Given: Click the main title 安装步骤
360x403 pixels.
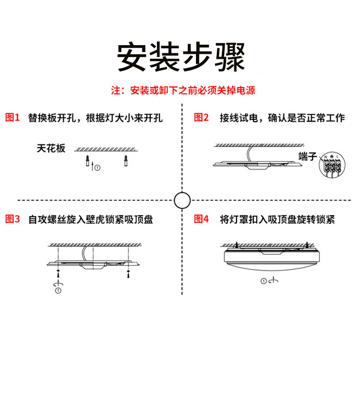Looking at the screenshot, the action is [x=181, y=57].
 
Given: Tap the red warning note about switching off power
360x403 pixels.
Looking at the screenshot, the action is [x=183, y=90].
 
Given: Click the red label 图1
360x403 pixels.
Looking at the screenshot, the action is [x=12, y=118].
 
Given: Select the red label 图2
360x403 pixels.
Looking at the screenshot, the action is [x=201, y=118].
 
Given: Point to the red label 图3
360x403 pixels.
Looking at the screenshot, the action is [x=12, y=219].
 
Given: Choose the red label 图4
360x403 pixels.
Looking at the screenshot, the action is [x=201, y=219].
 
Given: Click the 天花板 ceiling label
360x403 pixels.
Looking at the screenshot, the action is [x=51, y=148].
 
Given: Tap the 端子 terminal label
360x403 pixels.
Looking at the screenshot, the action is [x=308, y=156].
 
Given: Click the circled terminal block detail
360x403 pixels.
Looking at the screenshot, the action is [x=332, y=165].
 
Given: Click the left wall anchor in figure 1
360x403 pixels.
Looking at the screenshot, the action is [x=87, y=161].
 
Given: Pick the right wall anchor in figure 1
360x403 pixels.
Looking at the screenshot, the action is [x=126, y=161].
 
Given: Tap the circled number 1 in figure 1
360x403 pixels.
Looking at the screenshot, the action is [x=98, y=168].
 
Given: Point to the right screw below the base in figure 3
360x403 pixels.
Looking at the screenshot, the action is [x=128, y=273].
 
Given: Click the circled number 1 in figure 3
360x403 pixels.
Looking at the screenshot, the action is [x=58, y=291].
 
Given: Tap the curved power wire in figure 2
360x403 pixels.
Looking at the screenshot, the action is [x=248, y=154].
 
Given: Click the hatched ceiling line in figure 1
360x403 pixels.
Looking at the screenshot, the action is [x=106, y=150].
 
